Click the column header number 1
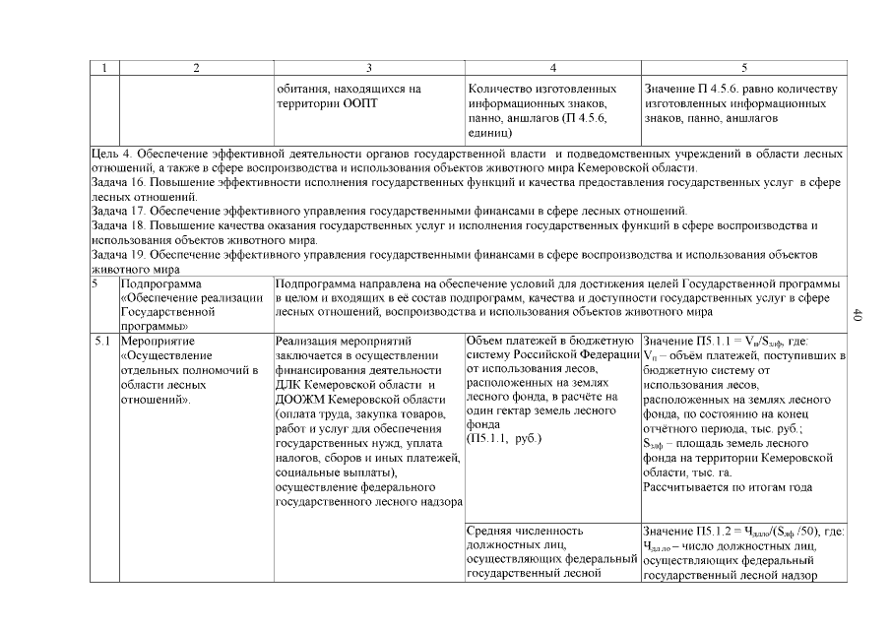pyautogui.click(x=103, y=68)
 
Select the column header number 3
pyautogui.click(x=368, y=68)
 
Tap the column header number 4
pyautogui.click(x=552, y=68)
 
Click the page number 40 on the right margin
pyautogui.click(x=857, y=315)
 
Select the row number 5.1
pyautogui.click(x=102, y=341)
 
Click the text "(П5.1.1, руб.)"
pyautogui.click(x=504, y=437)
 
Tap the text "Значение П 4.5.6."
pyautogui.click(x=696, y=89)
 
